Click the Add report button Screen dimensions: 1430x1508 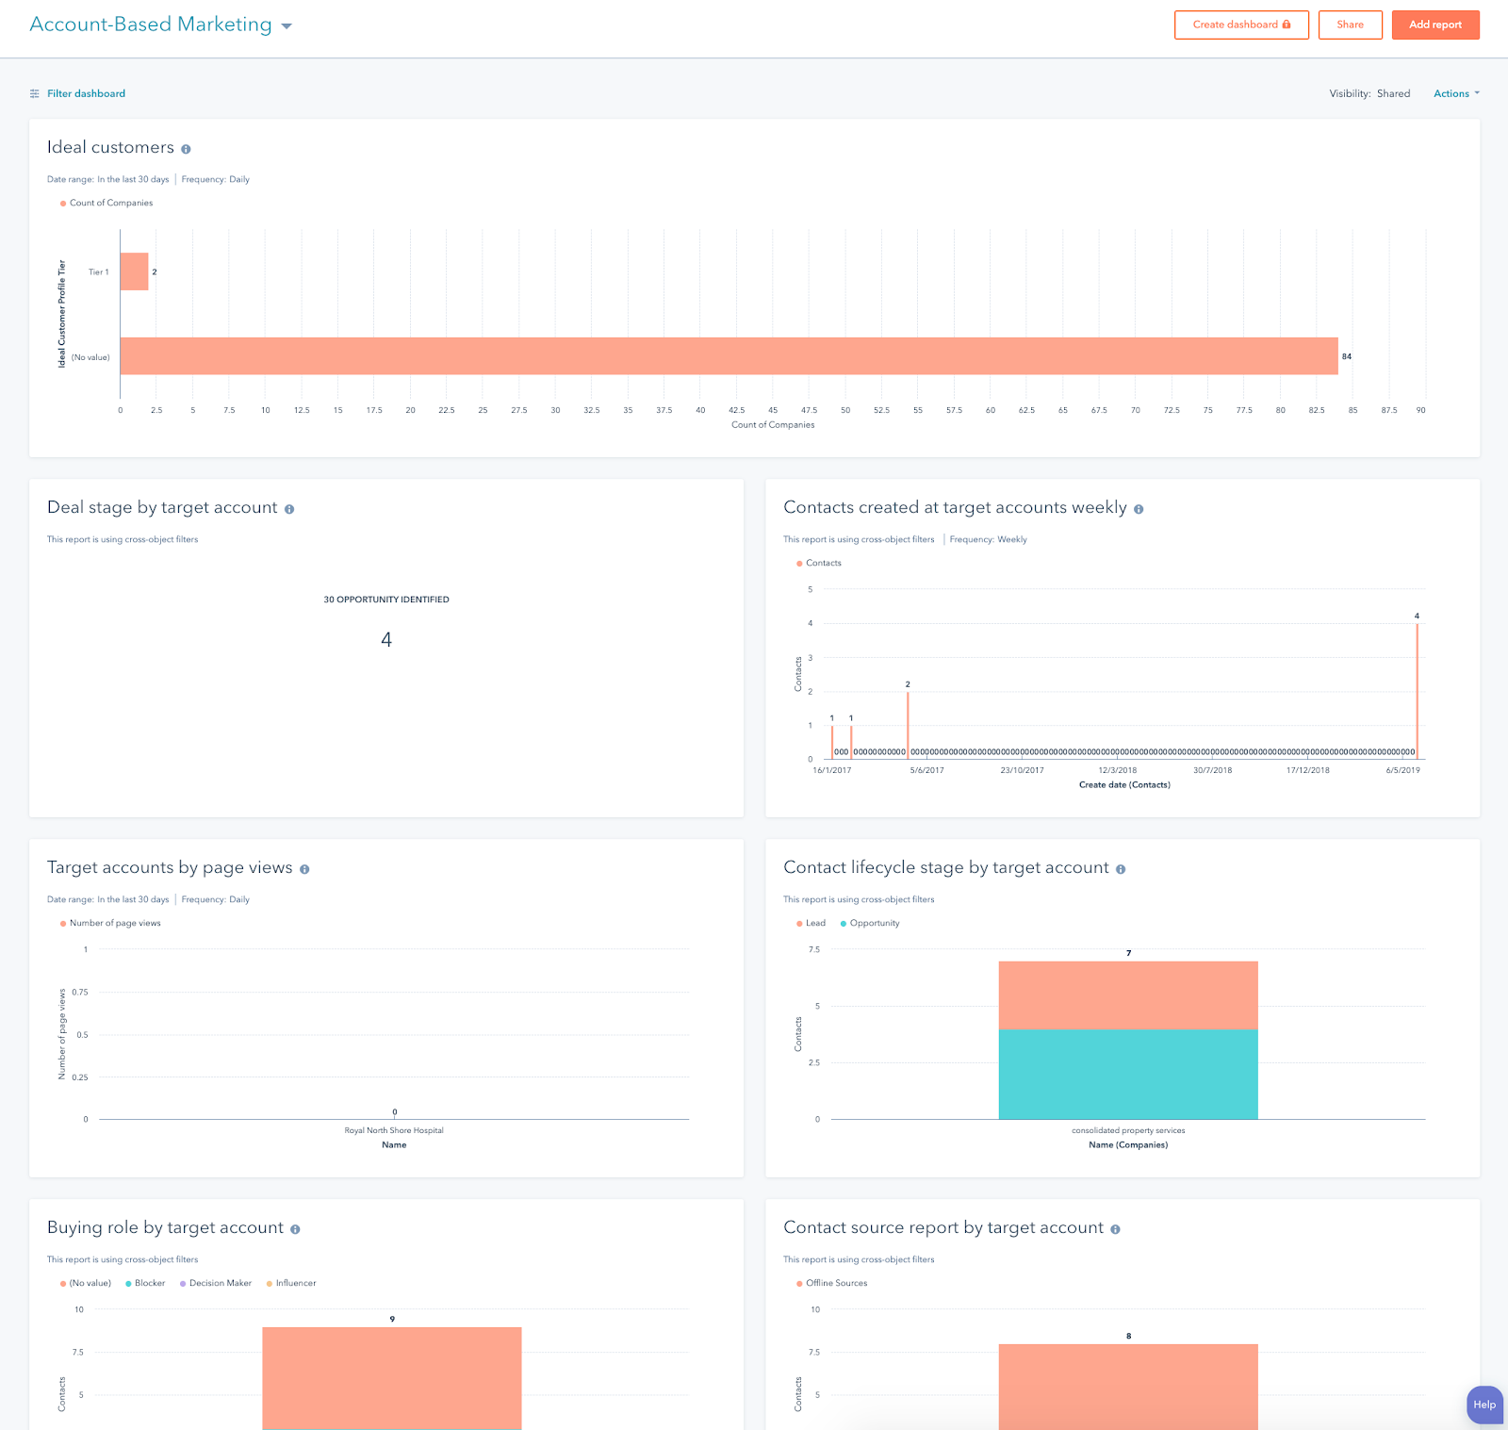click(1434, 25)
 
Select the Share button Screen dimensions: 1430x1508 click(1350, 25)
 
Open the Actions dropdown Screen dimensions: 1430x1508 click(1456, 93)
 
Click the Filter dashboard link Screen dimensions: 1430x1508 click(86, 93)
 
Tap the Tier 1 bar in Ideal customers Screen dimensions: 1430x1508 click(134, 271)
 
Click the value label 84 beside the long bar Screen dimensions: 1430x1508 click(1347, 356)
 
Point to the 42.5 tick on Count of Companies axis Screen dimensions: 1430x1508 click(736, 410)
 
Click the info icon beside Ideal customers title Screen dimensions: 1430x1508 click(186, 149)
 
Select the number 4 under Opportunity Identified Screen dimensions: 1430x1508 click(386, 640)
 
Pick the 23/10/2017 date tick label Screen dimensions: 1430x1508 click(1022, 770)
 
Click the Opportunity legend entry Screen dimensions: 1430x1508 click(874, 923)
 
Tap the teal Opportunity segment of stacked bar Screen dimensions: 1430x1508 click(1128, 1074)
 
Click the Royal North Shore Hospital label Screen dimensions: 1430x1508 click(394, 1130)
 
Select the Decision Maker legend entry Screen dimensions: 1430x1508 click(220, 1283)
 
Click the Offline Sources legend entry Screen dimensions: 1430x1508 click(836, 1283)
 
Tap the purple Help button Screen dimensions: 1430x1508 click(1483, 1405)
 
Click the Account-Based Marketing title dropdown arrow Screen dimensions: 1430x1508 click(287, 26)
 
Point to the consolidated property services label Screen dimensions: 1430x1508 click(1128, 1130)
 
